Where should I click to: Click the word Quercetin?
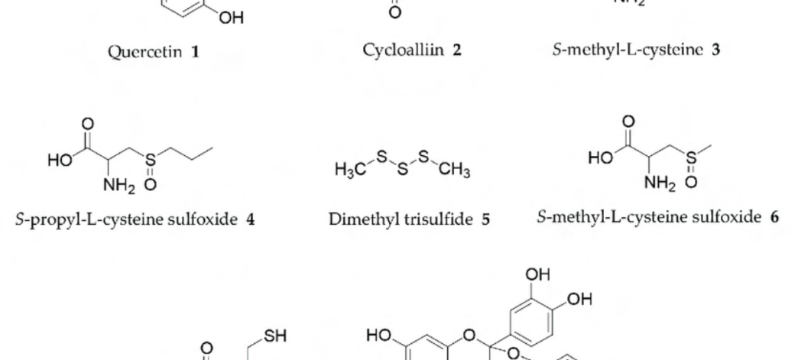[x=145, y=52]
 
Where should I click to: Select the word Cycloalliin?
[x=403, y=50]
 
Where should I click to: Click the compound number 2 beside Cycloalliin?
[x=456, y=50]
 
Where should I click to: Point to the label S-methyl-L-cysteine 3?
[x=636, y=50]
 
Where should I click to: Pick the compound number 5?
[x=485, y=219]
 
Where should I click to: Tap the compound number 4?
[x=250, y=219]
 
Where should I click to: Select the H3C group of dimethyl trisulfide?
[x=350, y=169]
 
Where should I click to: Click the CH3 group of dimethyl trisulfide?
[x=454, y=169]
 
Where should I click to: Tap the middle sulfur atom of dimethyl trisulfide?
[x=403, y=169]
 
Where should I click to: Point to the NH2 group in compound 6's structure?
[x=660, y=182]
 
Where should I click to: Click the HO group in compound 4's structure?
[x=60, y=161]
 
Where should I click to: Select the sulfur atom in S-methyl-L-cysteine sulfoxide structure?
[x=691, y=158]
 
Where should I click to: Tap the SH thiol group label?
[x=275, y=336]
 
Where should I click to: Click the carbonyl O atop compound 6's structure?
[x=628, y=122]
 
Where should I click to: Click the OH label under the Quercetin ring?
[x=232, y=18]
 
